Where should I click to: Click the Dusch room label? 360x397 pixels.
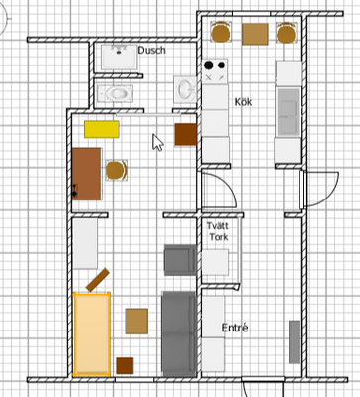(x=151, y=51)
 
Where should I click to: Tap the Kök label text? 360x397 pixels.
(x=243, y=102)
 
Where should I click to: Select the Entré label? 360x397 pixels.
(x=235, y=328)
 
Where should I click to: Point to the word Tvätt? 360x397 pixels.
(x=218, y=226)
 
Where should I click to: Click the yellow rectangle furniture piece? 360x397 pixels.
(x=102, y=129)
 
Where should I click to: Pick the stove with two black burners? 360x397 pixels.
(x=215, y=70)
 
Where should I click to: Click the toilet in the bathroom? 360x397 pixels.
(x=115, y=93)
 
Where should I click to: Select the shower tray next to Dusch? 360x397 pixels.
(x=119, y=57)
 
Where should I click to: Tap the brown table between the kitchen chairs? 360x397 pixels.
(x=255, y=34)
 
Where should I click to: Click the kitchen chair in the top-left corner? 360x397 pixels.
(x=221, y=32)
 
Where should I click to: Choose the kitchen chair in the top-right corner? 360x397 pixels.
(x=287, y=33)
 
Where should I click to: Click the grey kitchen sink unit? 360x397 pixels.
(x=289, y=112)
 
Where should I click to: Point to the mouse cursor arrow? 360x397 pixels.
(x=157, y=143)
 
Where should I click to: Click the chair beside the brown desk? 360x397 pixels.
(x=117, y=170)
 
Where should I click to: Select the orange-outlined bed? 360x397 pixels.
(x=91, y=334)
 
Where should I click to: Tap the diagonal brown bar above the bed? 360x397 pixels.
(x=98, y=280)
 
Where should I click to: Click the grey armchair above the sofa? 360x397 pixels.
(x=180, y=260)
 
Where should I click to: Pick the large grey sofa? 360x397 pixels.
(x=179, y=333)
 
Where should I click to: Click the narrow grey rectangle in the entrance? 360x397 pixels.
(x=295, y=341)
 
